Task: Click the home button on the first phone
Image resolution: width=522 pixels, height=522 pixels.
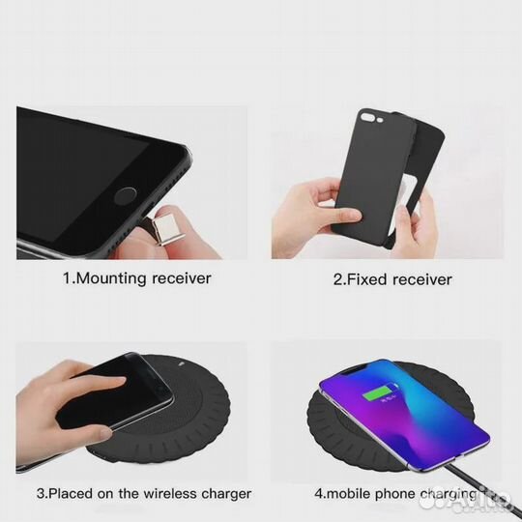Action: [125, 195]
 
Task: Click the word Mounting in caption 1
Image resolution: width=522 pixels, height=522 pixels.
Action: [111, 278]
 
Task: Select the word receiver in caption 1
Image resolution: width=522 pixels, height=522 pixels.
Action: [182, 278]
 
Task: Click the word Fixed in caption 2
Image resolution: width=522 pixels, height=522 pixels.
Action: [367, 279]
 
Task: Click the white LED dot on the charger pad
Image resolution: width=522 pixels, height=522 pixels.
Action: [182, 363]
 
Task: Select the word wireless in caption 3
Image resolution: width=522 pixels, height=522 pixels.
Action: [166, 494]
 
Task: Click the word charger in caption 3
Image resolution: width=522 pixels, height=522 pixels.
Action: [226, 494]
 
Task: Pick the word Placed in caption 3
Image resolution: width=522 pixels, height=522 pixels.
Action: [71, 494]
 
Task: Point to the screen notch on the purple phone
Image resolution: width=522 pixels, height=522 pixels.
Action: [359, 369]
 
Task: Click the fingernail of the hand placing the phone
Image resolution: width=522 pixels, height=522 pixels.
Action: [106, 433]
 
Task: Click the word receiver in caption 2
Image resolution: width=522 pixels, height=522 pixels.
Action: [422, 279]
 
